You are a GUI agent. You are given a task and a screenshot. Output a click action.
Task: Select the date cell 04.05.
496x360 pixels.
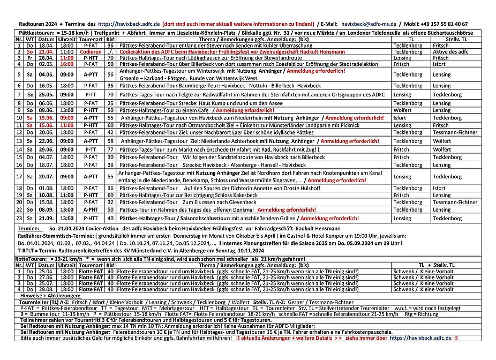click(x=46, y=74)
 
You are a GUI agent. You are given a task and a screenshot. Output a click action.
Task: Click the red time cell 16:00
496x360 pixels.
click(x=67, y=63)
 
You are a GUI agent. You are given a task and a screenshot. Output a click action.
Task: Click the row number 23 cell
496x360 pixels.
click(x=19, y=218)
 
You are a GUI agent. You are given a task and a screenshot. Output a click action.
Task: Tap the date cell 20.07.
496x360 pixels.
click(x=46, y=176)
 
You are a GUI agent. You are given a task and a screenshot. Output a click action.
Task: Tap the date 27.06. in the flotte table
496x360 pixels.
click(x=46, y=277)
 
